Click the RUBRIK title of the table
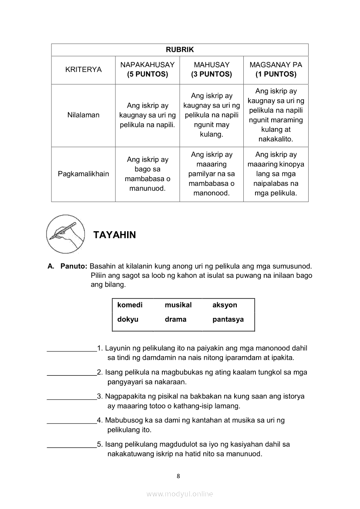click(x=179, y=50)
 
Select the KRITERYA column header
click(x=83, y=69)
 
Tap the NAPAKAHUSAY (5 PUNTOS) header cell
click(x=147, y=69)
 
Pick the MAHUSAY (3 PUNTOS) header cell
click(x=211, y=69)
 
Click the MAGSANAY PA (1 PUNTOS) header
click(x=276, y=69)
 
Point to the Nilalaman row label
click(x=83, y=115)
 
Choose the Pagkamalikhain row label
click(x=83, y=174)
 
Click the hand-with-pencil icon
click(x=65, y=234)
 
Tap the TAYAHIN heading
click(x=114, y=235)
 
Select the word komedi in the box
click(x=130, y=305)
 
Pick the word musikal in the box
click(x=178, y=305)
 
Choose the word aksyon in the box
click(x=225, y=305)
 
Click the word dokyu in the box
click(x=128, y=319)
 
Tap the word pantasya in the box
click(x=228, y=320)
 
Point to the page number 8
click(x=178, y=476)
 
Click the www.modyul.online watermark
click(x=180, y=494)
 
